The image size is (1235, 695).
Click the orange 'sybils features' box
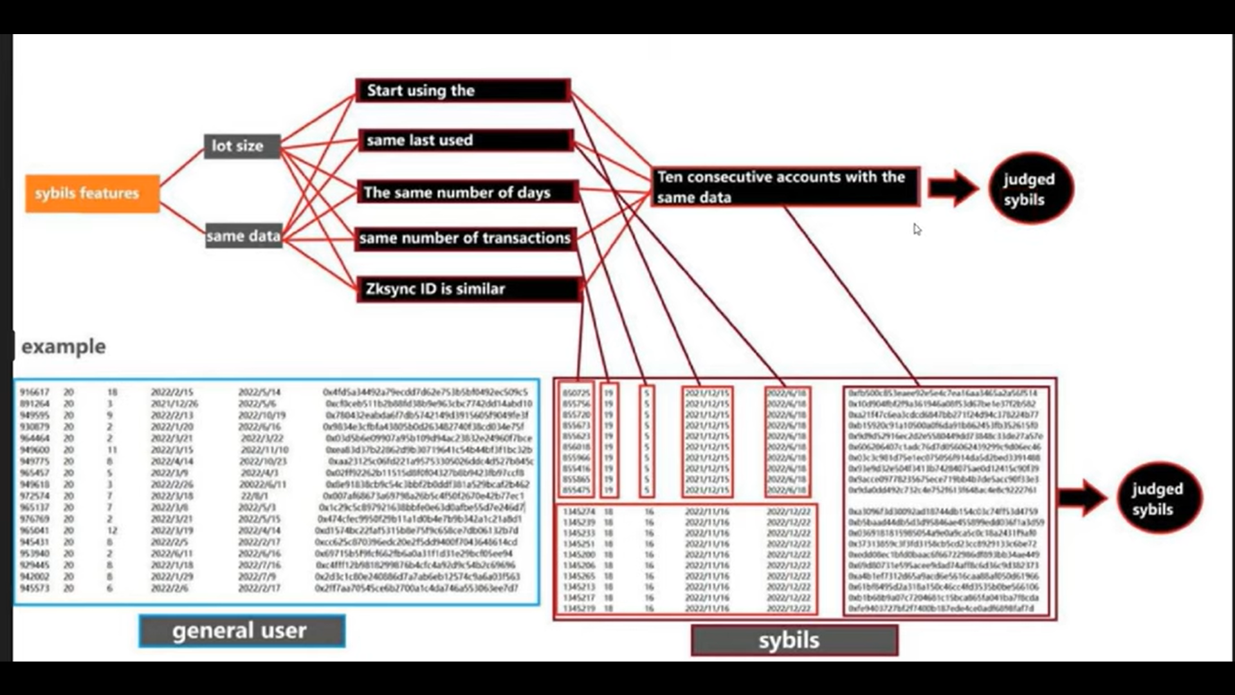click(x=93, y=193)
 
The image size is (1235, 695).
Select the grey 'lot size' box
click(x=242, y=146)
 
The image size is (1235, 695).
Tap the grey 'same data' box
click(x=244, y=236)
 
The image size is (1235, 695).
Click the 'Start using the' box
click(x=462, y=91)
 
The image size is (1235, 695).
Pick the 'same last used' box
click(x=465, y=140)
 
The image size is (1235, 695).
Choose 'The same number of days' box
click(x=468, y=192)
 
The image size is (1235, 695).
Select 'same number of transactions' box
click(x=465, y=238)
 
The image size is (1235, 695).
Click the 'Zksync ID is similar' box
click(x=469, y=289)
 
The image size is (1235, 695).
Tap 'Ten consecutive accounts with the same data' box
click(x=785, y=187)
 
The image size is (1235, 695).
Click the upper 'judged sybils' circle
click(x=1030, y=189)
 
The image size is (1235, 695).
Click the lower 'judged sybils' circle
click(x=1158, y=499)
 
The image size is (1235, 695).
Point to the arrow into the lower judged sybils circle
click(x=1083, y=497)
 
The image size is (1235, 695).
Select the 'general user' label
click(x=242, y=631)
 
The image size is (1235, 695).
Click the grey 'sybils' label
click(x=794, y=640)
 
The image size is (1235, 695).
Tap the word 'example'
click(x=64, y=346)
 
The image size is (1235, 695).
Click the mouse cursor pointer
click(x=917, y=229)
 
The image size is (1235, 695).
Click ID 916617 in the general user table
click(x=34, y=392)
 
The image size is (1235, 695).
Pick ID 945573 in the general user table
click(x=34, y=588)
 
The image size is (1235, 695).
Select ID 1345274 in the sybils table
click(x=578, y=512)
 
